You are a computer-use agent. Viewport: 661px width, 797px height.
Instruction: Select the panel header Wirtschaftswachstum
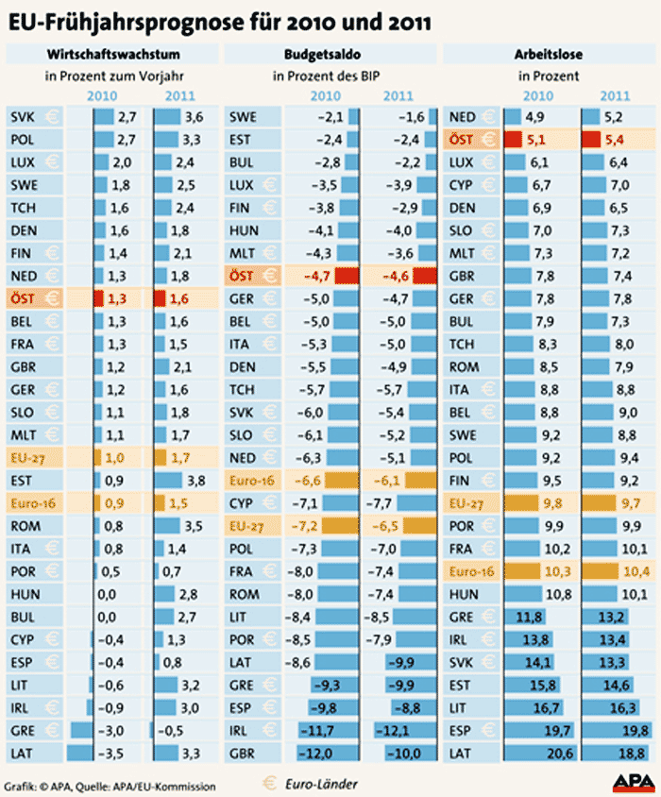click(x=112, y=54)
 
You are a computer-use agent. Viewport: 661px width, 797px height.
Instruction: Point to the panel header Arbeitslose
click(x=550, y=54)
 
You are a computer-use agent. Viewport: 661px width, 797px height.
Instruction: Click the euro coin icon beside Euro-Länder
click(x=272, y=784)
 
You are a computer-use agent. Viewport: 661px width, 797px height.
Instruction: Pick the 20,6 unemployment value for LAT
click(x=538, y=753)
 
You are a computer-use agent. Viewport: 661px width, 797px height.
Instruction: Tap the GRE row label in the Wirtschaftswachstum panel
click(x=23, y=731)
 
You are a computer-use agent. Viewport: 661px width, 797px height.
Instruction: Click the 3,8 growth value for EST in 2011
click(x=197, y=481)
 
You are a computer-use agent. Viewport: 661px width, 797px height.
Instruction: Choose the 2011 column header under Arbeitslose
click(x=615, y=95)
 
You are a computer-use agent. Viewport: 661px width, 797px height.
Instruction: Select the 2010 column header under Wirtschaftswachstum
click(x=103, y=95)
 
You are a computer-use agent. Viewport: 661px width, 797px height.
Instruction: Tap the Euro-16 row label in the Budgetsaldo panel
click(x=247, y=481)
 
